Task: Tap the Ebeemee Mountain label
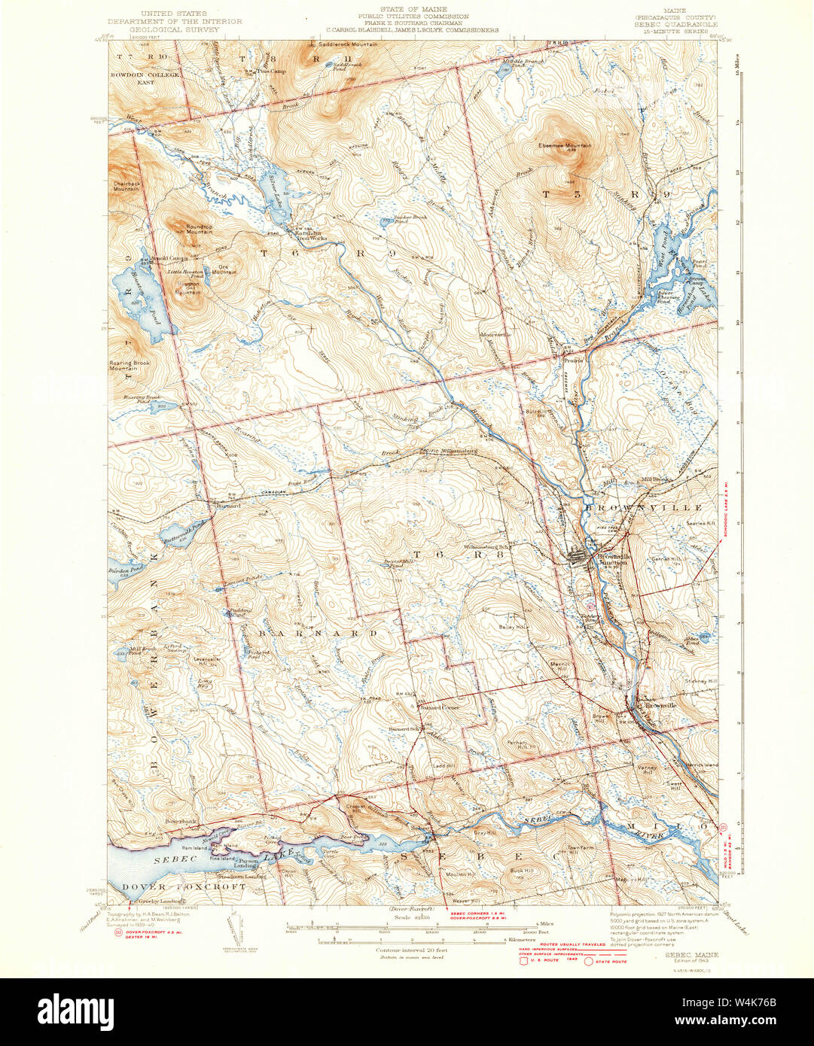point(564,145)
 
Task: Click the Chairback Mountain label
point(125,187)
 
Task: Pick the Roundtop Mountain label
point(189,230)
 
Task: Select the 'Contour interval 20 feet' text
point(411,950)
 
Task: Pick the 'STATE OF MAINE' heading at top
point(413,10)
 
